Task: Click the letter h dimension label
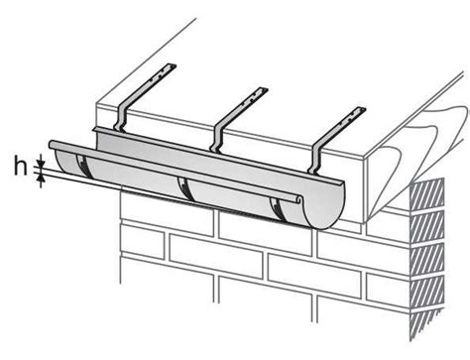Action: pyautogui.click(x=21, y=166)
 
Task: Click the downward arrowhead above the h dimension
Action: pyautogui.click(x=41, y=164)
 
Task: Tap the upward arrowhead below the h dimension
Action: pyautogui.click(x=41, y=178)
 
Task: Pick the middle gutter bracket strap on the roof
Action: pyautogui.click(x=239, y=119)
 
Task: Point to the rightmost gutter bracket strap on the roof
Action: pyautogui.click(x=336, y=140)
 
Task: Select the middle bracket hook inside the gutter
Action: pyautogui.click(x=184, y=188)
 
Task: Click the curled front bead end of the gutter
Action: pyautogui.click(x=298, y=199)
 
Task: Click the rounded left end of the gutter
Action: pyautogui.click(x=60, y=159)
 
